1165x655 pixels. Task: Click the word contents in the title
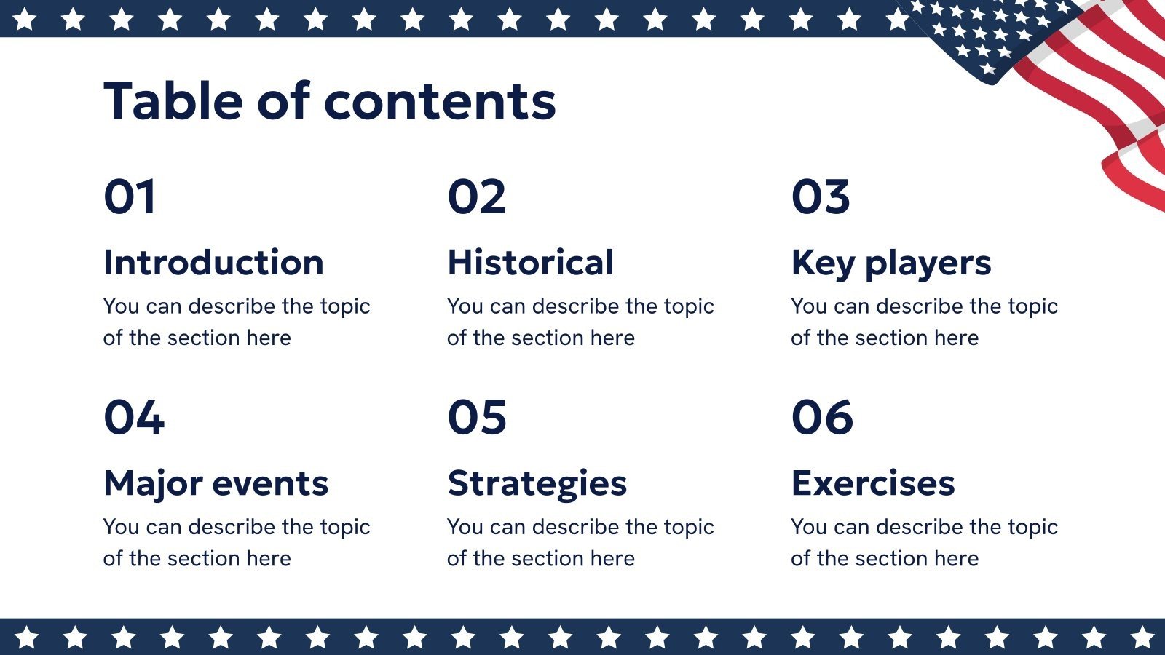tap(440, 102)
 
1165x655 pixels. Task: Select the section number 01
tap(130, 196)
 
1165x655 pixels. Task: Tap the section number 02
tap(476, 196)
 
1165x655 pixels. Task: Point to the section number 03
tap(821, 196)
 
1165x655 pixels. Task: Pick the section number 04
tap(134, 417)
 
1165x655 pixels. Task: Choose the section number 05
tap(477, 417)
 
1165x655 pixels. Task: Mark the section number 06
tap(822, 417)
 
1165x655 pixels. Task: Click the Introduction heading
tap(213, 263)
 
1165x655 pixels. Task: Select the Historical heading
tap(531, 263)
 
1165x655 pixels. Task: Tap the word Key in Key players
tap(823, 263)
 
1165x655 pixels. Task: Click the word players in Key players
tap(928, 263)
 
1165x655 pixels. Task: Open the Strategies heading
tap(537, 484)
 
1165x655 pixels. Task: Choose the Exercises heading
tap(872, 483)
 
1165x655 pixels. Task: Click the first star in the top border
tap(25, 19)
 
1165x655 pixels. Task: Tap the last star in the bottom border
tap(1142, 638)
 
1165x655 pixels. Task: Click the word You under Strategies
tap(465, 527)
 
